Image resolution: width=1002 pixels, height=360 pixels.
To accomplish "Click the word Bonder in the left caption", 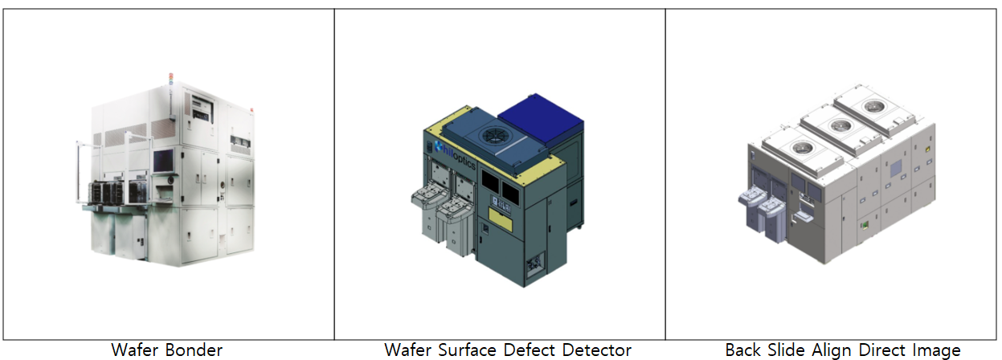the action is pyautogui.click(x=195, y=350).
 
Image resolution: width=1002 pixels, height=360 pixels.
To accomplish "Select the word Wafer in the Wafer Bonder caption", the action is pyautogui.click(x=137, y=350).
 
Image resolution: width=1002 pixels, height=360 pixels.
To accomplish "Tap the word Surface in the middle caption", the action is pyautogui.click(x=467, y=350).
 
